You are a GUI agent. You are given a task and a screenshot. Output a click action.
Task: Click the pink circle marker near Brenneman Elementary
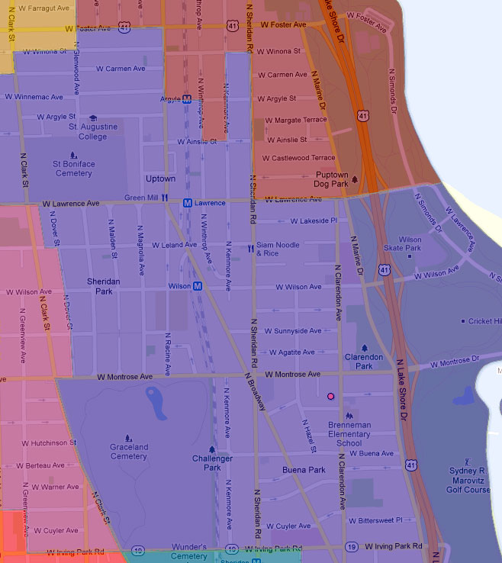coord(330,397)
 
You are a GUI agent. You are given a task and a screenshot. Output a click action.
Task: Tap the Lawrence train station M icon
coord(187,203)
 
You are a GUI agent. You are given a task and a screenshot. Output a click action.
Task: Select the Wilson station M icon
coord(198,286)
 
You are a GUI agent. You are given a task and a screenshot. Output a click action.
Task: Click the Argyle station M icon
coord(186,99)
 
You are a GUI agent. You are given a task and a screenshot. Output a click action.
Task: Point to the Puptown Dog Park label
coord(331,179)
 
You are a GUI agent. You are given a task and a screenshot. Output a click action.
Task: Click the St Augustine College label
coord(93,131)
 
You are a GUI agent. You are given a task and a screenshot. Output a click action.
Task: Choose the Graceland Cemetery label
coord(128,452)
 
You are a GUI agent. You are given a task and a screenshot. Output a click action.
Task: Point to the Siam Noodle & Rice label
coord(278,249)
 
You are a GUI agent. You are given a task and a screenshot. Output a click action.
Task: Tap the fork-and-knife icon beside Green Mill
coord(163,198)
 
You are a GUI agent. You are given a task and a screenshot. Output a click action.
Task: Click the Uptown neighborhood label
coord(161,179)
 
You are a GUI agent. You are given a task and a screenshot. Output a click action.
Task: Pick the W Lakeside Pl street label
coord(308,221)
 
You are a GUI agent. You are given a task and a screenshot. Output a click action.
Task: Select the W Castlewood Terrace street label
coord(298,158)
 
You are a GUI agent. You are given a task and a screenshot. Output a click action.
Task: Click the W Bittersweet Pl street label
coord(385,520)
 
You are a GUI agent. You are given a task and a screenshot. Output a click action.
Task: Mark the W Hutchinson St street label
coord(49,442)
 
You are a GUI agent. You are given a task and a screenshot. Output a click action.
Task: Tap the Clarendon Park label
coord(364,361)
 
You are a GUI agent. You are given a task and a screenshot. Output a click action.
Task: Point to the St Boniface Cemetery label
coord(73,169)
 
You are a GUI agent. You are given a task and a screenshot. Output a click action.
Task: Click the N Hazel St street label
coord(312,439)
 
